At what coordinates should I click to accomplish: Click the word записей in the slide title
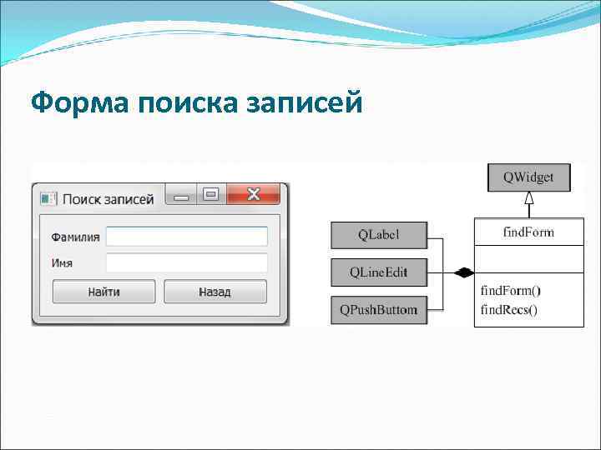pos(305,103)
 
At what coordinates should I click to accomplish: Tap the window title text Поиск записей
pos(108,199)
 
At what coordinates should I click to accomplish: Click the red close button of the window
pos(254,195)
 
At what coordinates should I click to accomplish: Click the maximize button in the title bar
pos(210,195)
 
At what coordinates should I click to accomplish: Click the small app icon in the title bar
pos(49,199)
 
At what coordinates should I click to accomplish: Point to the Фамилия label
pos(75,237)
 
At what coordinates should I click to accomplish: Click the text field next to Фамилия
pos(186,237)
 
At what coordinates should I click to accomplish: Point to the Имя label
pos(62,263)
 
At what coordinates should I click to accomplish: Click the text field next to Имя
pos(186,263)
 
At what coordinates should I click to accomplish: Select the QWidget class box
pos(528,177)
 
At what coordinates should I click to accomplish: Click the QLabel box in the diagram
pos(379,235)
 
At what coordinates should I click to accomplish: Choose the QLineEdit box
pos(379,272)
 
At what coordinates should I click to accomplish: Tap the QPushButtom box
pos(379,310)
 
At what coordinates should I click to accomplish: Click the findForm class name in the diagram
pos(528,232)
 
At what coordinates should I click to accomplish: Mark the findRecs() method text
pos(509,310)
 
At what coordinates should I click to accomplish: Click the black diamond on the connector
pos(463,272)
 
